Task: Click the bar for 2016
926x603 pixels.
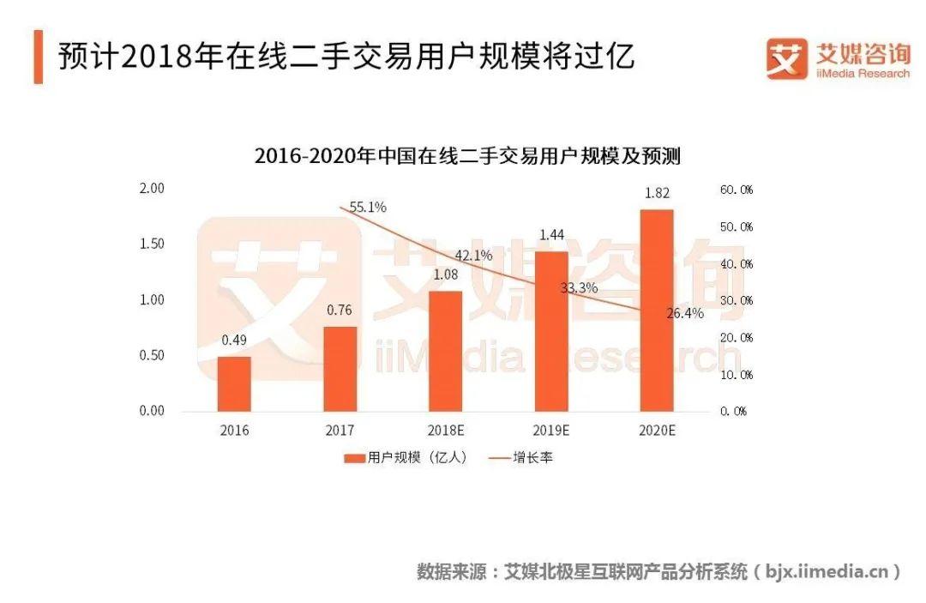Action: [x=234, y=383]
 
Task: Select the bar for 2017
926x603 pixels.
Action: [x=340, y=369]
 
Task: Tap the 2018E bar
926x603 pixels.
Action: [x=446, y=351]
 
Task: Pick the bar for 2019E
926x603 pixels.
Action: [x=551, y=331]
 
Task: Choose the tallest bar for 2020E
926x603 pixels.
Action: [x=657, y=310]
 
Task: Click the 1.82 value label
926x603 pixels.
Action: [x=657, y=193]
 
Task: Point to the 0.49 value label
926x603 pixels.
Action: [x=234, y=340]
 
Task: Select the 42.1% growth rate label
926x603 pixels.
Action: [x=473, y=255]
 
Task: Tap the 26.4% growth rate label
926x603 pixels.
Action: [x=684, y=313]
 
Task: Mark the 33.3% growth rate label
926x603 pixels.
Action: [x=579, y=288]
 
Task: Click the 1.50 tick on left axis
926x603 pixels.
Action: [x=152, y=244]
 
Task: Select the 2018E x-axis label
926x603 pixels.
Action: [x=446, y=431]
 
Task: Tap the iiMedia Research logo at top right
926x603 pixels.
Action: [x=838, y=59]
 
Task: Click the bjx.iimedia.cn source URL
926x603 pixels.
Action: [x=828, y=571]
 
